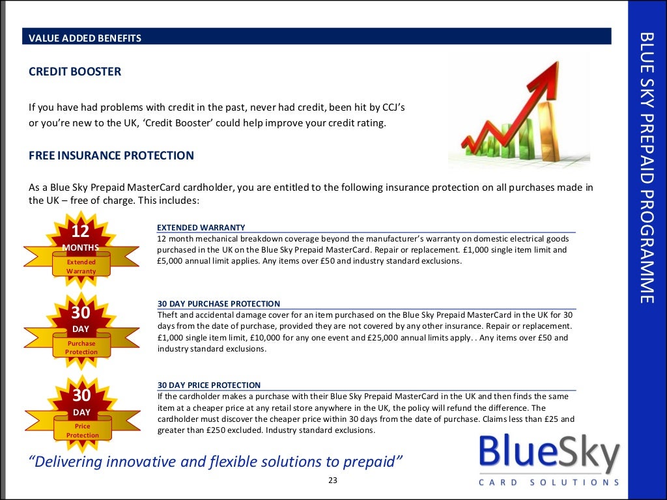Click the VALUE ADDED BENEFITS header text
85,38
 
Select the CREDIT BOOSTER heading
75,72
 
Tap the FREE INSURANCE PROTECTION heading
111,156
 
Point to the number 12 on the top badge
80,231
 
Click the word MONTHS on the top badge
81,247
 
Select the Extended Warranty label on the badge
81,266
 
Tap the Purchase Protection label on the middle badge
81,348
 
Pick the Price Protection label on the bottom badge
82,430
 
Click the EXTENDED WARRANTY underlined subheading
201,227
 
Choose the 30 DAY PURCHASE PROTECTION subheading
219,304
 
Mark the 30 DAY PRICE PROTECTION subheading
209,385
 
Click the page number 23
333,481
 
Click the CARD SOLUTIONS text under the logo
548,482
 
